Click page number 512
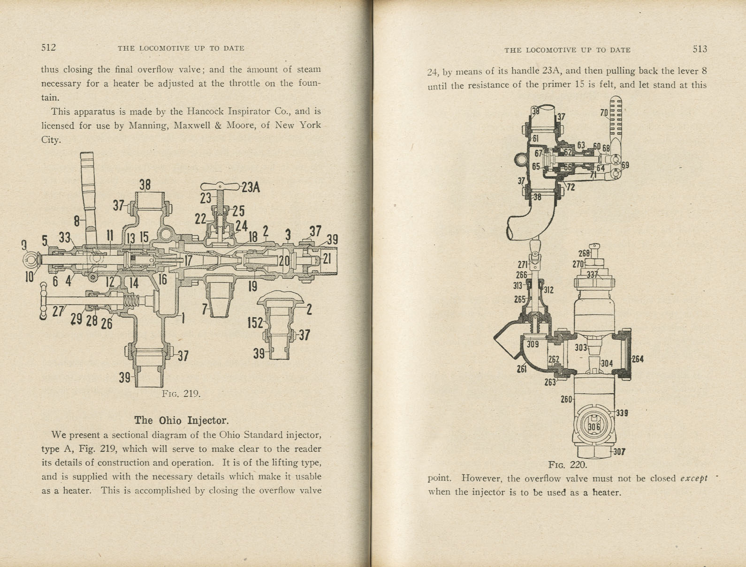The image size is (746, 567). (x=48, y=47)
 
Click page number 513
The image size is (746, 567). (x=699, y=49)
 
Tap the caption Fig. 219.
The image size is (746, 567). (x=181, y=394)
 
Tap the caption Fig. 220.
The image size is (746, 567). (x=567, y=465)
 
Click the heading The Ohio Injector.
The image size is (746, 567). (x=181, y=420)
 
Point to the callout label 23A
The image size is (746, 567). (x=250, y=188)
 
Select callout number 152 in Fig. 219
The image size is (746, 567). (x=255, y=323)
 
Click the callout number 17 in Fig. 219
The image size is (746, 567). (x=188, y=261)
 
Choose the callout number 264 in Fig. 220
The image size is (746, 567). (x=637, y=359)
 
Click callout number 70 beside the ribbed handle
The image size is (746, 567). (x=604, y=112)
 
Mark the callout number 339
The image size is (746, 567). (x=622, y=413)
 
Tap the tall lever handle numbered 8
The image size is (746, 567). (x=88, y=187)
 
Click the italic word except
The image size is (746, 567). (x=693, y=478)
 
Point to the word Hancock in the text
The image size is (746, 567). (x=205, y=112)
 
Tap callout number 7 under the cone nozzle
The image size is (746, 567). (x=205, y=309)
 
